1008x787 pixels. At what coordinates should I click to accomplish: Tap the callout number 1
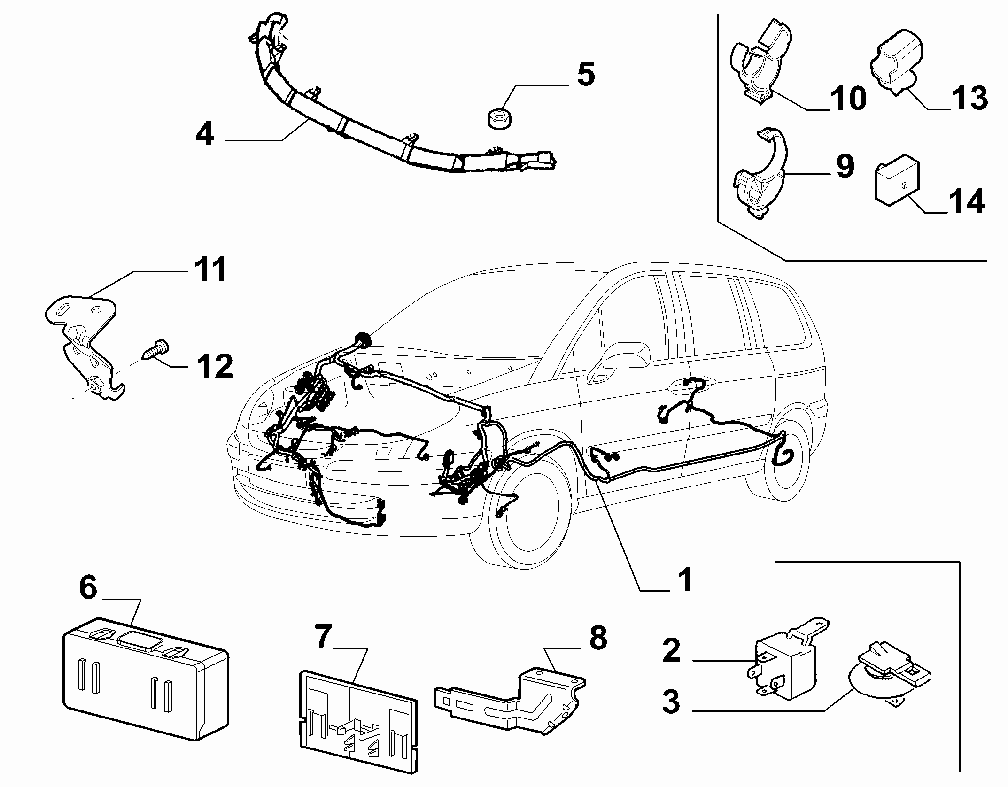click(x=685, y=579)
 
